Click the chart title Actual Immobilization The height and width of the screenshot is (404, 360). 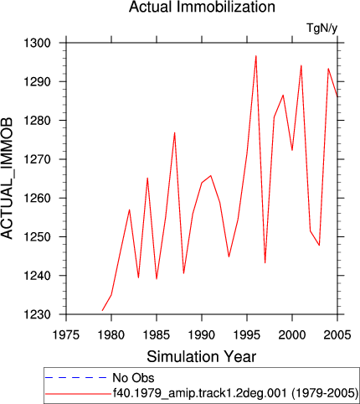click(x=202, y=7)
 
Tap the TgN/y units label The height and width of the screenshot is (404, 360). click(x=322, y=28)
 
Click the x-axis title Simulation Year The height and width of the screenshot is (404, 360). click(x=202, y=356)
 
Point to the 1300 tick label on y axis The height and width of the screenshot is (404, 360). click(x=37, y=43)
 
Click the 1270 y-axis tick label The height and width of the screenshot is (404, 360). click(x=37, y=159)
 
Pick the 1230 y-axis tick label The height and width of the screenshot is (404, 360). click(x=37, y=314)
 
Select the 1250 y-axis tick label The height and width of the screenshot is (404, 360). click(x=37, y=237)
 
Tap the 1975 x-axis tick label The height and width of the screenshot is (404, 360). click(x=66, y=334)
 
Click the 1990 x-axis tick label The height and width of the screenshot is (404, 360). click(x=202, y=334)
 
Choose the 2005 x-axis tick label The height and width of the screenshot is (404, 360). click(x=337, y=334)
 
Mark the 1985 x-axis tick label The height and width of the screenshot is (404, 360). click(x=157, y=334)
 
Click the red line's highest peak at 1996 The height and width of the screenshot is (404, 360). click(x=256, y=56)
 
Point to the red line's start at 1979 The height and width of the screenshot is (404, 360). click(x=102, y=310)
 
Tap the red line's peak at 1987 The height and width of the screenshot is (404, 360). click(x=175, y=132)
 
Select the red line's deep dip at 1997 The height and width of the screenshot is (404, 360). click(x=265, y=262)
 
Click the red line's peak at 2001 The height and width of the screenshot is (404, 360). click(x=301, y=65)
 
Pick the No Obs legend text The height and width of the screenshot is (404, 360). click(x=133, y=378)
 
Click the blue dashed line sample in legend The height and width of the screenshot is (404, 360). click(x=75, y=378)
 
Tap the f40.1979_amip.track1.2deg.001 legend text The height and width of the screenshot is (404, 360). click(x=199, y=393)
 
